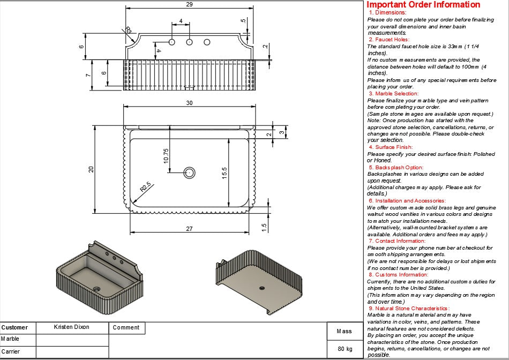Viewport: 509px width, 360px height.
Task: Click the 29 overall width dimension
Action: pos(189,4)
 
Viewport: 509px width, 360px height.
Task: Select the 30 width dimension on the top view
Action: pos(189,103)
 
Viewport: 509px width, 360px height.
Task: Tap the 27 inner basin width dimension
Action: pos(189,229)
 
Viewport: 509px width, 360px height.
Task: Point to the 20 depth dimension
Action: pos(91,169)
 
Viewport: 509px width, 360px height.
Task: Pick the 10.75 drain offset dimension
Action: pos(166,155)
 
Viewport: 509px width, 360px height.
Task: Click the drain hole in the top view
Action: pos(190,172)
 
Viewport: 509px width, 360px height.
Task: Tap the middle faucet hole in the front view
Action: pos(190,42)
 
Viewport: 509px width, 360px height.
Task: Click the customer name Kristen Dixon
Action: pos(72,327)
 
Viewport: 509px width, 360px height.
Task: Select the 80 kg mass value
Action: pos(345,349)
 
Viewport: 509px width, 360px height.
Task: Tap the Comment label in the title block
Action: pos(126,327)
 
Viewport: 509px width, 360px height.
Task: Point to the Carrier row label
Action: pos(10,351)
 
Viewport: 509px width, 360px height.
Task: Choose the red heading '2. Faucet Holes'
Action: pos(389,40)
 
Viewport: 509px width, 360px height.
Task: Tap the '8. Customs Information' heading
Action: pos(398,275)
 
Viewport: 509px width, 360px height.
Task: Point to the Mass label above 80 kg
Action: pos(344,331)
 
